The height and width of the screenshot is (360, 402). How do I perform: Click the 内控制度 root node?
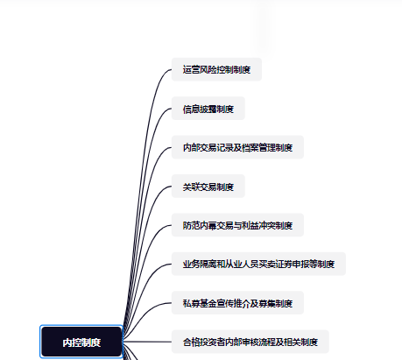tap(81, 342)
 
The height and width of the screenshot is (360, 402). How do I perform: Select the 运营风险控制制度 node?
tap(216, 69)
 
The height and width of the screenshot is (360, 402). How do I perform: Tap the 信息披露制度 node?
tap(208, 109)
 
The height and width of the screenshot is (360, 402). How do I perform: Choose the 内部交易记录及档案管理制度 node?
tap(237, 147)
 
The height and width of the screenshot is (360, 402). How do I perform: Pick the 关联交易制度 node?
tap(208, 187)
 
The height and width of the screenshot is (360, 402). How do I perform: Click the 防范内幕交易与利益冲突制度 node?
tap(237, 225)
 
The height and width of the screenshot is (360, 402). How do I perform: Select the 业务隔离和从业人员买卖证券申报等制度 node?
tap(258, 264)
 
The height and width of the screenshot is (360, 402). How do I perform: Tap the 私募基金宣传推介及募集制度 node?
tap(237, 303)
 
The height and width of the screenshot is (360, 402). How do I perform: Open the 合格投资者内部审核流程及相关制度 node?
tap(250, 342)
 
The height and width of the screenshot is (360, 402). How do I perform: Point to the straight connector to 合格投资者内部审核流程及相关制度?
tap(147, 342)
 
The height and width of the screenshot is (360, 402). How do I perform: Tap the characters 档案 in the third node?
tap(250, 147)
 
